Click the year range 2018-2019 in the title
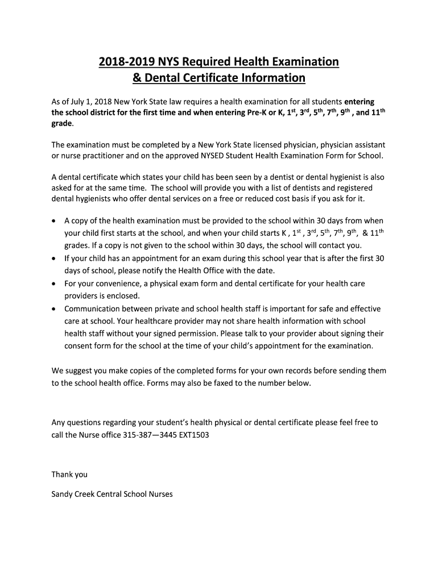click(122, 61)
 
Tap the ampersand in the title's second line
click(137, 77)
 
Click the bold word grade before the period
click(62, 123)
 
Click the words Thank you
click(69, 474)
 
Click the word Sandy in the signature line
click(63, 494)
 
